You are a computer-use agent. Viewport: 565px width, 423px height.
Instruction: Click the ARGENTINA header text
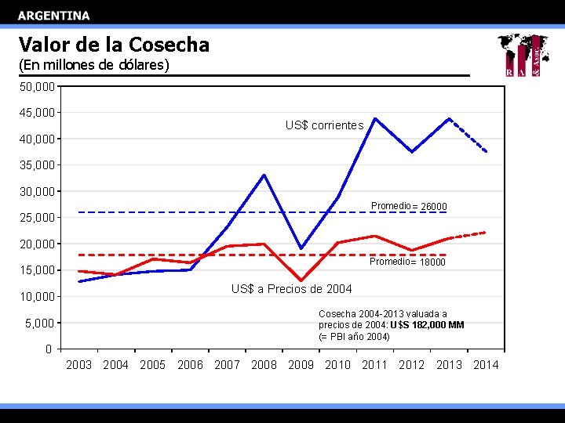point(53,16)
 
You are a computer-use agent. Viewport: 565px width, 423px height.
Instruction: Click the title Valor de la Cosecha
point(114,45)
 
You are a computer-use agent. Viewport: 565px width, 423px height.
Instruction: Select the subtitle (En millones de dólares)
point(93,65)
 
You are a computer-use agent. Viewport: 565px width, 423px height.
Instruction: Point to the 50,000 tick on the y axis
point(37,86)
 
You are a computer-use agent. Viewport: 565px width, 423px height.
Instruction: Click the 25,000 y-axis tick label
point(37,218)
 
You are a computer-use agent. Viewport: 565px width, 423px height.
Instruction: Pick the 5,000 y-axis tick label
point(39,323)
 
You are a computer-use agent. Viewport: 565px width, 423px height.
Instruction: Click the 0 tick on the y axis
point(49,349)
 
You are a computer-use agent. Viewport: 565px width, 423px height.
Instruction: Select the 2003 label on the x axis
point(78,365)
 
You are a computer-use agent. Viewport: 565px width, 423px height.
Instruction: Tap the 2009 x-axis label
point(301,365)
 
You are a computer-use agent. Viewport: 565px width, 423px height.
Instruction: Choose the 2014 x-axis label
point(486,365)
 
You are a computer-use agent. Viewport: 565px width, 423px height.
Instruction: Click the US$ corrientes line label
point(324,125)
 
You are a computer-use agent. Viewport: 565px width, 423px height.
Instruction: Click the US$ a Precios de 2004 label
point(291,290)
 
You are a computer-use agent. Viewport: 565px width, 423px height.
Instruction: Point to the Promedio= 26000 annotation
point(409,206)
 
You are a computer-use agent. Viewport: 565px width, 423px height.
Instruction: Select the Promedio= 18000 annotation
point(407,262)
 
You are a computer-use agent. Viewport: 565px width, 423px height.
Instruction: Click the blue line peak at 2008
point(264,175)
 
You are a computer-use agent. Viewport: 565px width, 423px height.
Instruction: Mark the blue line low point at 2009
point(301,248)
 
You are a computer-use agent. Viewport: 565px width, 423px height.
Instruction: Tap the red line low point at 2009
point(301,280)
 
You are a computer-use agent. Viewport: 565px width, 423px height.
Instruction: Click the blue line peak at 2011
point(375,118)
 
